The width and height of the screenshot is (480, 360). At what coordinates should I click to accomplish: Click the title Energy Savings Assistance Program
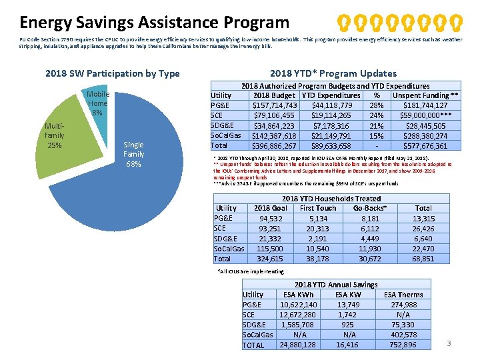(154, 23)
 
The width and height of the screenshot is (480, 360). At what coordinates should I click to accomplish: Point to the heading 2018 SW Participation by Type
(112, 73)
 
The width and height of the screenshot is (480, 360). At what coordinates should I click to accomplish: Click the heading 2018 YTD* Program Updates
(333, 73)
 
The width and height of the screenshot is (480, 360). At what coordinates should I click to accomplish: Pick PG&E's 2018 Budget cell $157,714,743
(274, 105)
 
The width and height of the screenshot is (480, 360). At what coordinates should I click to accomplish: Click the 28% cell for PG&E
(377, 105)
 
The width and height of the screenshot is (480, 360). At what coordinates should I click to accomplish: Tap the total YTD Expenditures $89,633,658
(331, 145)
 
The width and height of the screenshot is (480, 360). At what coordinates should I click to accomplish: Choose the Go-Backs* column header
(370, 208)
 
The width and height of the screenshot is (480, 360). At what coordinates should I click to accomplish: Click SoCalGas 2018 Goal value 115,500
(270, 248)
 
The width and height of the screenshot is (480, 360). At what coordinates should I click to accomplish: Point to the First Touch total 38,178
(318, 258)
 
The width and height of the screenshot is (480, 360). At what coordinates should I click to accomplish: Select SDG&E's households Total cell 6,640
(423, 238)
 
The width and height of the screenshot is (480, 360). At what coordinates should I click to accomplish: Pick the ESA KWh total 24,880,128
(298, 345)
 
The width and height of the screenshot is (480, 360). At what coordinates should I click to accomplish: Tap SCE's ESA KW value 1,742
(347, 315)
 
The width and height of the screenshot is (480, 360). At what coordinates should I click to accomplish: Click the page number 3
(449, 343)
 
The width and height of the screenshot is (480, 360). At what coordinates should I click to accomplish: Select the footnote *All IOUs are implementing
(251, 271)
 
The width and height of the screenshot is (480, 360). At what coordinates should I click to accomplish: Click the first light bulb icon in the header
(342, 23)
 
